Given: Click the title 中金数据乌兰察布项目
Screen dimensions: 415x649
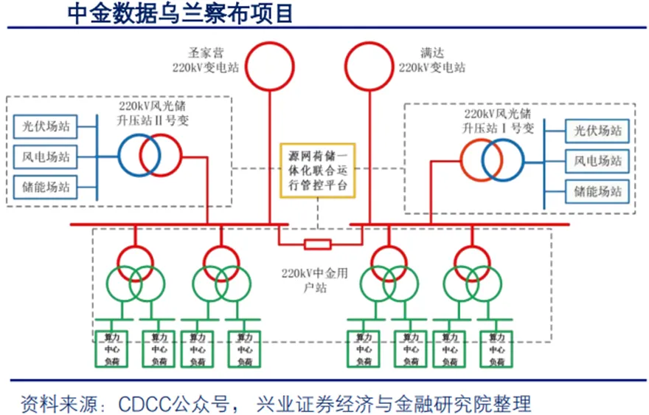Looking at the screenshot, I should pos(180,13).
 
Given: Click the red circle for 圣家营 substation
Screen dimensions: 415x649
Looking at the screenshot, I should pos(269,65).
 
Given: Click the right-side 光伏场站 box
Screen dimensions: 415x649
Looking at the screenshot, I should pos(598,131).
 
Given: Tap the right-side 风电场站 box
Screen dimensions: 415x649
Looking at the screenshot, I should pos(598,160).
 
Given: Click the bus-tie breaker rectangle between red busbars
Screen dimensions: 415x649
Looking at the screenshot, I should pos(318,244).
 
